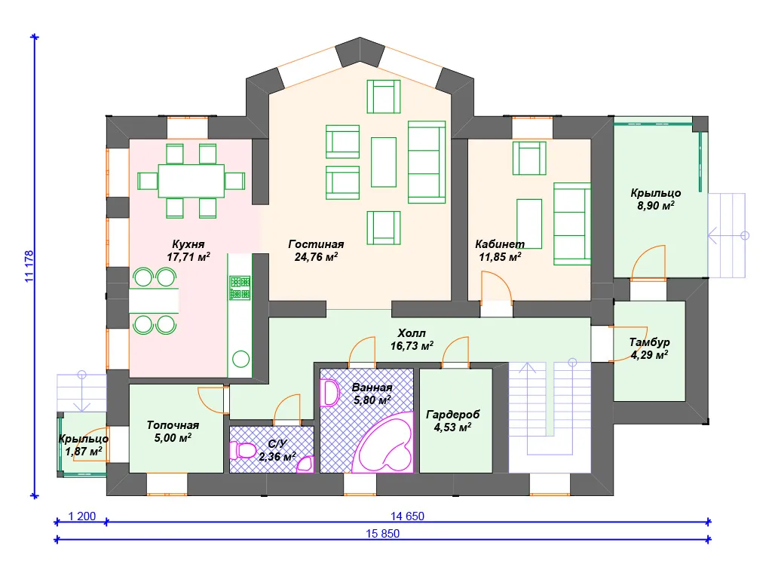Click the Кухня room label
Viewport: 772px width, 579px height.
[x=188, y=250]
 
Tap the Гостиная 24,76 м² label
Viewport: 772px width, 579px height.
[x=316, y=250]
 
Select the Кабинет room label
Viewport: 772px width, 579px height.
[x=500, y=250]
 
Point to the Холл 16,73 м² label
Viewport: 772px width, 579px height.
[x=412, y=340]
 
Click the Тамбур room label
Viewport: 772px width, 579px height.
[x=649, y=348]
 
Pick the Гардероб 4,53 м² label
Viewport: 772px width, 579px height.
[x=452, y=421]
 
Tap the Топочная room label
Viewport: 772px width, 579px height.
[x=173, y=431]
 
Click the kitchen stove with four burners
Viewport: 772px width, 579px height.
[x=240, y=288]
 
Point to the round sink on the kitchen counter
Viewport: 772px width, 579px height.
[x=240, y=360]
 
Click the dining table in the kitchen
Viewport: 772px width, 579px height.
[x=191, y=181]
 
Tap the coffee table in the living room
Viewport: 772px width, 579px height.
[x=384, y=162]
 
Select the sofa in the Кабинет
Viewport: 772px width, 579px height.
[x=572, y=224]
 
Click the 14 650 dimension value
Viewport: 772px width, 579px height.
[x=407, y=516]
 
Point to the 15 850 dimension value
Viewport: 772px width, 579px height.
[x=382, y=533]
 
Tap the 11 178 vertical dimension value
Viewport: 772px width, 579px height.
[x=29, y=266]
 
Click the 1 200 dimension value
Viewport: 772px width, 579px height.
[x=81, y=516]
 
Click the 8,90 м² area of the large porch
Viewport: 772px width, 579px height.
[x=656, y=206]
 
